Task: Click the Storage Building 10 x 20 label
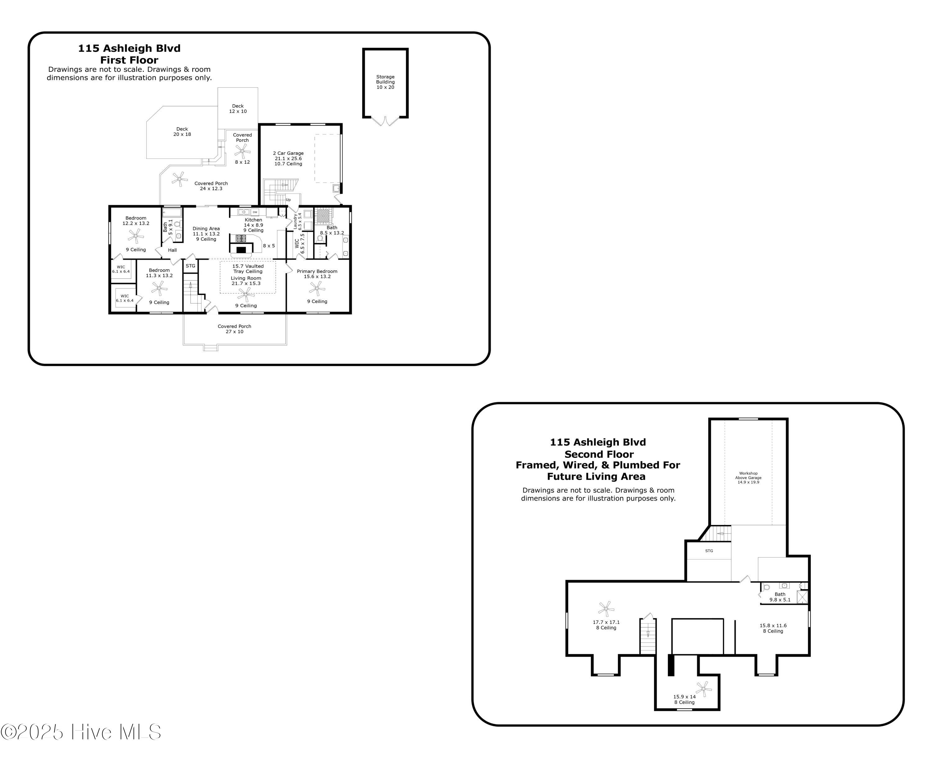pyautogui.click(x=385, y=82)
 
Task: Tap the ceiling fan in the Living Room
pyautogui.click(x=246, y=294)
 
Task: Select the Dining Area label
pyautogui.click(x=206, y=229)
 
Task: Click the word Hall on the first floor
pyautogui.click(x=172, y=250)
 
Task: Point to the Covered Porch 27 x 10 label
pyautogui.click(x=234, y=329)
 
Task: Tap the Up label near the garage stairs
pyautogui.click(x=288, y=200)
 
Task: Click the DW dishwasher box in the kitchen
pyautogui.click(x=255, y=212)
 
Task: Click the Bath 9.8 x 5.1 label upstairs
pyautogui.click(x=780, y=597)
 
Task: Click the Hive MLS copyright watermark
pyautogui.click(x=81, y=732)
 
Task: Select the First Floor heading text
pyautogui.click(x=129, y=60)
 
